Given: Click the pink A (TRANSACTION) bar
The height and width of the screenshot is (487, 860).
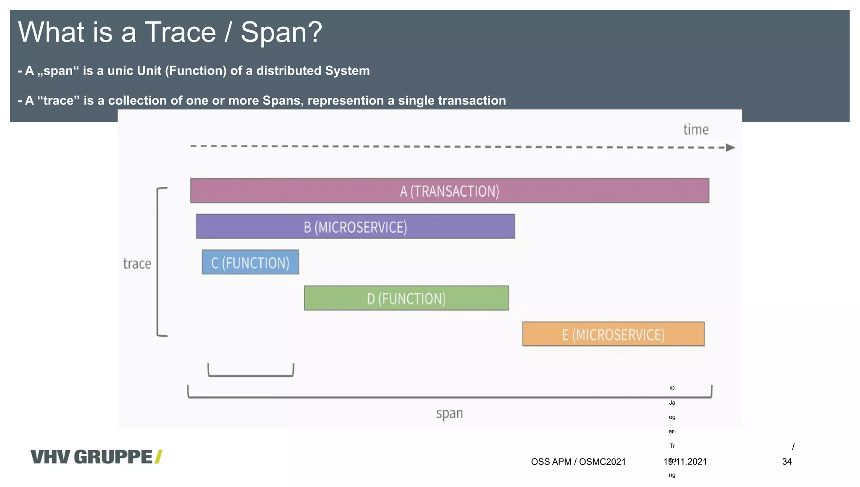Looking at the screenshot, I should pos(449,191).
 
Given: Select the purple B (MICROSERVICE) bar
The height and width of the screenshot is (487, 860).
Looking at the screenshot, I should pos(355,227).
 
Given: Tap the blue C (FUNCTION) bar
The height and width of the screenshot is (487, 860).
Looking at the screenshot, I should pos(250,262).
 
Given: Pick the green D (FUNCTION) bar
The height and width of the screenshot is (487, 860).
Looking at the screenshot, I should pos(406,298).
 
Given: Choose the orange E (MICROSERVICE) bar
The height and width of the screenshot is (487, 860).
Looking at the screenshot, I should pos(613,334).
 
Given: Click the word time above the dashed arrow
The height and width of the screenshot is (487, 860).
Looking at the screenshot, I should pos(696,130).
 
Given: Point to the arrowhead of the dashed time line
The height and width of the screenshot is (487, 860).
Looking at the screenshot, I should pos(730,148).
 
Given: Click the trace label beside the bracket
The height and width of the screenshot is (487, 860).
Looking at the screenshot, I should pos(137,264).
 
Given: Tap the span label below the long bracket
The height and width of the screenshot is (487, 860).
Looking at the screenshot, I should pos(449,414).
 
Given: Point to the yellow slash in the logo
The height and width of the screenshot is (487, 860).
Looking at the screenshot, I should pos(158,457).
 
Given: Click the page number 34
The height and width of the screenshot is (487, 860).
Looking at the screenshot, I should pos(787,462).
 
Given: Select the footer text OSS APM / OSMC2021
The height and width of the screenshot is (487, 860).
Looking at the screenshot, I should pos(578,462).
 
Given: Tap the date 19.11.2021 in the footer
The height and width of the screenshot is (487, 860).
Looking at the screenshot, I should pos(685,462).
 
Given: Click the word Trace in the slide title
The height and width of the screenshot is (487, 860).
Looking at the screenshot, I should pos(180,32).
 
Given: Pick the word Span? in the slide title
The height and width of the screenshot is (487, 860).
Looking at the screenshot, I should pos(281,32).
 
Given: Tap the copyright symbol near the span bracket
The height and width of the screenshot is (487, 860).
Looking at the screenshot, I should pos(672,388).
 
